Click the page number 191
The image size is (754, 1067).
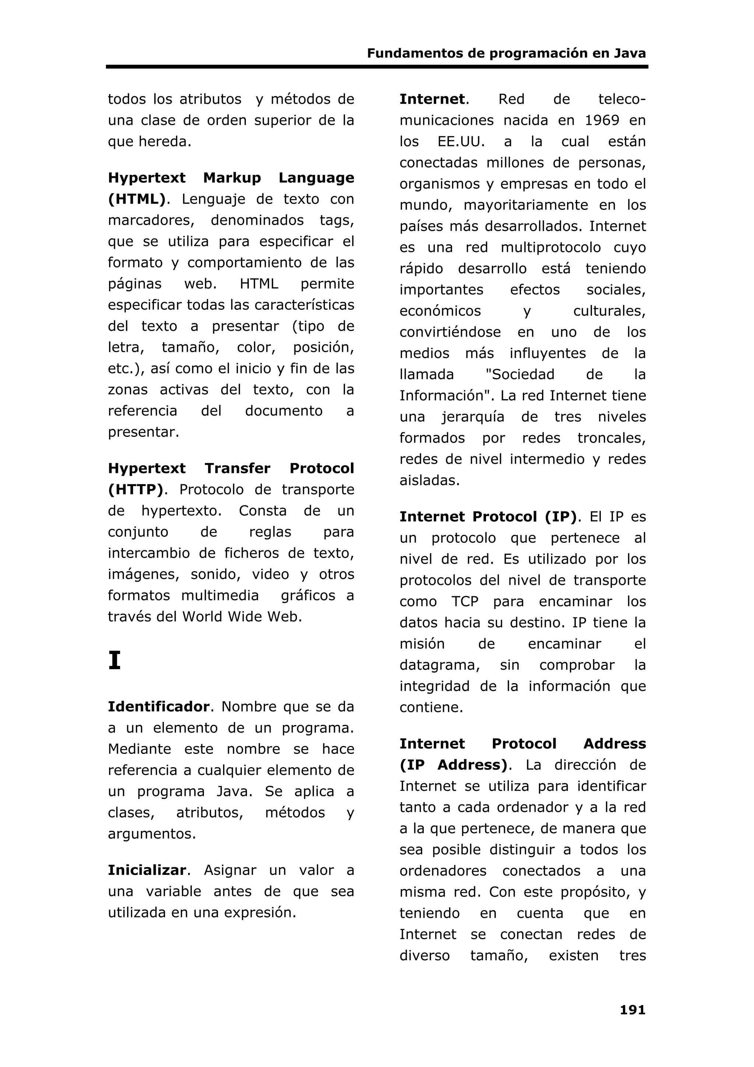tap(632, 1010)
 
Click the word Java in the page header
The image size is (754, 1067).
tap(630, 53)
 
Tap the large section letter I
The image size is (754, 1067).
tap(114, 660)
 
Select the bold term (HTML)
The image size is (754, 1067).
tap(137, 199)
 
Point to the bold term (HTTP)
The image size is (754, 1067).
tap(135, 490)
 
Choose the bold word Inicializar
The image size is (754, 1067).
tap(147, 870)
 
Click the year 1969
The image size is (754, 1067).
tap(602, 120)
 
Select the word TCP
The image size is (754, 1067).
tap(465, 602)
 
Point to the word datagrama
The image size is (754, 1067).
tap(439, 665)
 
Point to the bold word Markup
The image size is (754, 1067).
tap(232, 178)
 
